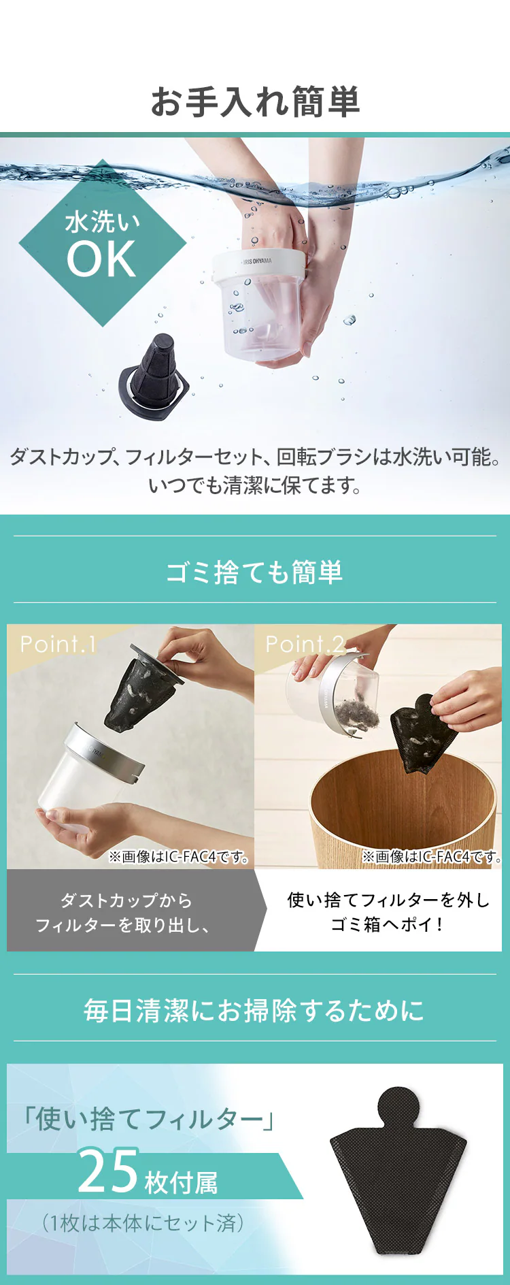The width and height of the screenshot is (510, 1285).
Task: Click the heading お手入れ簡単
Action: click(255, 101)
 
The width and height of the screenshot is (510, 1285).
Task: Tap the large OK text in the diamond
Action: click(102, 259)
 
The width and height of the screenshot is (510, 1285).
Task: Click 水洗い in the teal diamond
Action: click(103, 222)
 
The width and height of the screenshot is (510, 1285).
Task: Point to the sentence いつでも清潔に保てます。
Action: click(255, 485)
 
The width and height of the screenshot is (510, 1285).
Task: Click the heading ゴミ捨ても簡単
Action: click(255, 572)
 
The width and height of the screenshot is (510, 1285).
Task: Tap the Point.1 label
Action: click(58, 644)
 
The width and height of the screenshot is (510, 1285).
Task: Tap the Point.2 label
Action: click(305, 644)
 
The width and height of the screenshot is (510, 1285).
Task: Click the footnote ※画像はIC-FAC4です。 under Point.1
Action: click(180, 857)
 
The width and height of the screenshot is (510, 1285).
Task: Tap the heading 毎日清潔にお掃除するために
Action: click(254, 1011)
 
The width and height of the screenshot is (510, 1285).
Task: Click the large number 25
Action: click(109, 1171)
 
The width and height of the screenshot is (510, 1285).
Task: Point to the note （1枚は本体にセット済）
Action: click(143, 1223)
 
